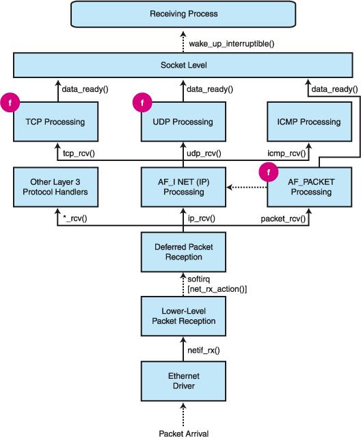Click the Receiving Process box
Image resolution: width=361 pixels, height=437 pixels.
183,14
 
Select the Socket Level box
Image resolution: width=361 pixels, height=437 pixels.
183,65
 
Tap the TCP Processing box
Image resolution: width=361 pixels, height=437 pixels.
55,121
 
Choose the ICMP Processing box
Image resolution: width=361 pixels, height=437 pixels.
309,121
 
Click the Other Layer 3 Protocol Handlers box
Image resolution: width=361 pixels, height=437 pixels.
55,187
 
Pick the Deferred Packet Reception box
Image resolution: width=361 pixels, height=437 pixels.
183,252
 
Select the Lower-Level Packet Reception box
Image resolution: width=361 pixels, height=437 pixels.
183,316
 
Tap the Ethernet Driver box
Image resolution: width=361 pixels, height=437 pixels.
183,381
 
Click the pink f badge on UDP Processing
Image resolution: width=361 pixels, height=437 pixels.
142,103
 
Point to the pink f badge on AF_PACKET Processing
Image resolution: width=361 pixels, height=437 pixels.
269,172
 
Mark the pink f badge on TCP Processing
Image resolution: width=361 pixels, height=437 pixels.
10,103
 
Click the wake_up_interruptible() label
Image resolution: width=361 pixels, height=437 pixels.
232,44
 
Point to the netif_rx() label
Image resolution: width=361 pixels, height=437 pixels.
204,350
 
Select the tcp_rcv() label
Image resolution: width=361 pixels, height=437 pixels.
79,153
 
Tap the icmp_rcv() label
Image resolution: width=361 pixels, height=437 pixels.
286,153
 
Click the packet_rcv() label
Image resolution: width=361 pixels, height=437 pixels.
283,218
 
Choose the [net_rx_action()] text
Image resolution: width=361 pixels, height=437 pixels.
217,289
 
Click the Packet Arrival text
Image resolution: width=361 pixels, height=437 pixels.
183,433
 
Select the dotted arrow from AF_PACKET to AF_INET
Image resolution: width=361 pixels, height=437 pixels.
246,187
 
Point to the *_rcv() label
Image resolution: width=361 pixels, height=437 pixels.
75,218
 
